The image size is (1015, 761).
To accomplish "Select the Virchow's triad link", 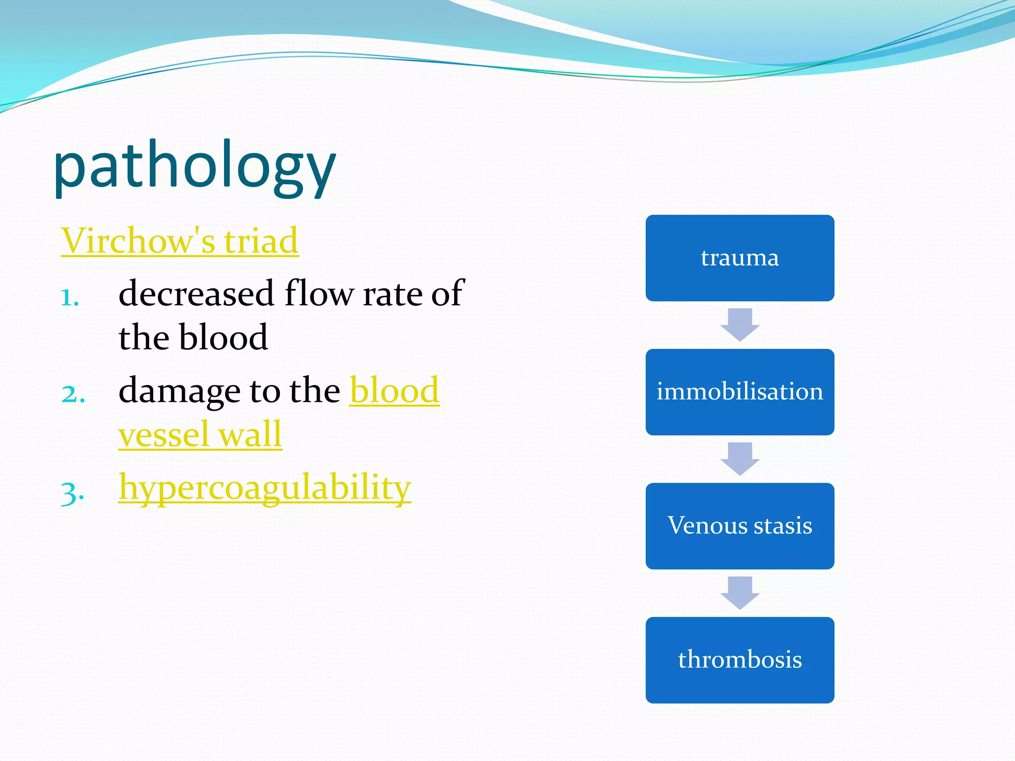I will [179, 241].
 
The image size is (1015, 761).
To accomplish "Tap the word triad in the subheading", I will [261, 241].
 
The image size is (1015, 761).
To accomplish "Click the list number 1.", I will [70, 298].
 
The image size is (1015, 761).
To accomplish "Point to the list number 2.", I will [73, 394].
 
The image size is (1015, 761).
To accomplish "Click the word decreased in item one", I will [196, 293].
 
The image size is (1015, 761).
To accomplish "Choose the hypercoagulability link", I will [265, 487].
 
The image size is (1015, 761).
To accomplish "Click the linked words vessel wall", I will [200, 435].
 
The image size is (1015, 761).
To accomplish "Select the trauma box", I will [739, 258].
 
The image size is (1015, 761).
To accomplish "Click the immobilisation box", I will [739, 392].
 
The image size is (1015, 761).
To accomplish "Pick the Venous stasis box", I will [739, 526].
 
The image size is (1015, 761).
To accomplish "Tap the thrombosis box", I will [739, 660].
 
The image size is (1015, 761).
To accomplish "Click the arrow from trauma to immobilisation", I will [739, 325].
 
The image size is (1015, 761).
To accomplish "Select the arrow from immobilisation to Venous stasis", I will [739, 458].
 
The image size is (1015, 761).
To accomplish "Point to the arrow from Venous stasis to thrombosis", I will [739, 592].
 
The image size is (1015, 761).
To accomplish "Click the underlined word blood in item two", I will [394, 391].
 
